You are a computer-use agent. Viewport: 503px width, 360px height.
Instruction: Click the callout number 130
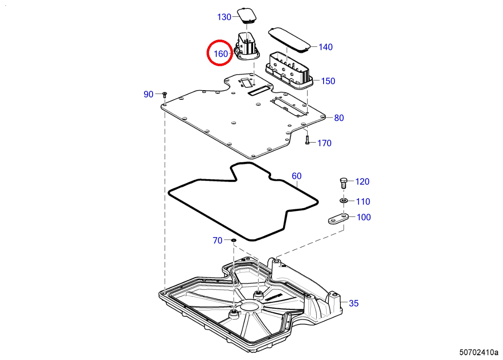tap(224, 17)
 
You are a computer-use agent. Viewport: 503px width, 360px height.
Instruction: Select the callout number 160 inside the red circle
tap(221, 54)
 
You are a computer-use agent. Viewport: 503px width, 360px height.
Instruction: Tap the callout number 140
tap(326, 47)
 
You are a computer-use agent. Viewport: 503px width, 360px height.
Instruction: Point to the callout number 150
tap(328, 81)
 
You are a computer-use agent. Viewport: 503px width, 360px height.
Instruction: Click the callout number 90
tap(149, 95)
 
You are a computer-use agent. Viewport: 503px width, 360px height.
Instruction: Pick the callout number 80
tap(339, 118)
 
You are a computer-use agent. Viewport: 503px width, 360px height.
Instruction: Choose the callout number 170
tap(324, 143)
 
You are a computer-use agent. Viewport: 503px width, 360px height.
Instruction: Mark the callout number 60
tap(297, 176)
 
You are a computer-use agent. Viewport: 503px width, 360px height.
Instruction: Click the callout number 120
tap(362, 182)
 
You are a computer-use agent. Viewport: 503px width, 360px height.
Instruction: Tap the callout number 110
tap(363, 202)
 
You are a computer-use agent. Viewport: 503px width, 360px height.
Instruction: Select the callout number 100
tap(364, 217)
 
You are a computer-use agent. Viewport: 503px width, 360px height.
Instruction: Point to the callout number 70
tap(217, 241)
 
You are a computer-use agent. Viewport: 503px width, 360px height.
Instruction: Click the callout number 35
tap(354, 304)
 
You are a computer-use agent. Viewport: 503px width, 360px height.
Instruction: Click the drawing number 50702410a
tap(479, 353)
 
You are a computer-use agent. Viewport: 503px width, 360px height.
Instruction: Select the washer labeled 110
tap(344, 200)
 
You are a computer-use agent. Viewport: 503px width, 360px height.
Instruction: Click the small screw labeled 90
tap(164, 95)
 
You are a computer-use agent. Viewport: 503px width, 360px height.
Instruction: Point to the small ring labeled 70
tap(233, 240)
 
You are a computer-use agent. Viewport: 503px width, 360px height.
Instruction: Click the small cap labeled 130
tap(247, 15)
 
